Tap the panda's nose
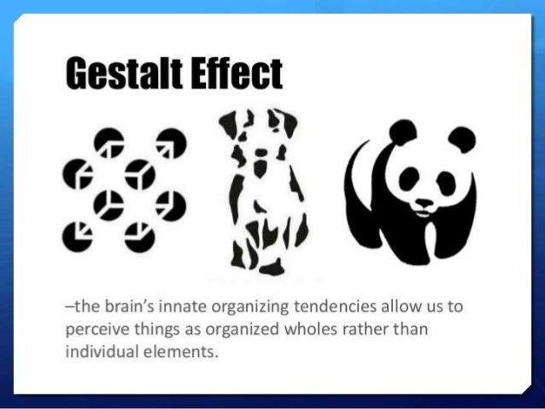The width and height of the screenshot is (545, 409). coord(425,202)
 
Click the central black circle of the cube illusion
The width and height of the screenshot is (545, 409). coord(109,203)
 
